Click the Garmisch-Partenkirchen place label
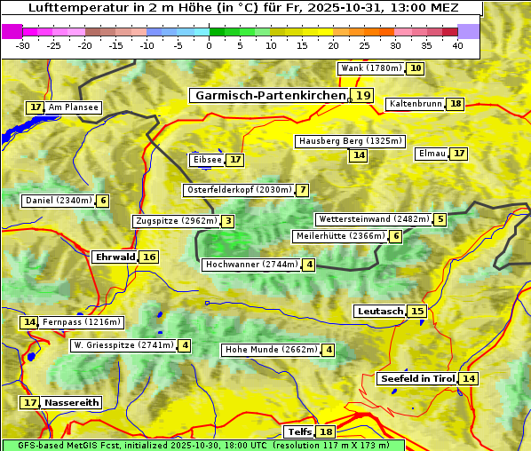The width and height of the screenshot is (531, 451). pos(270,95)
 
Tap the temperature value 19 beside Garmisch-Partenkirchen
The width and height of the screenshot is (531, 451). pos(362,95)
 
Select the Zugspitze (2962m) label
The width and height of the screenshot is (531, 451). pos(175,221)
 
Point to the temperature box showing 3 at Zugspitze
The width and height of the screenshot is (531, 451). pos(227,221)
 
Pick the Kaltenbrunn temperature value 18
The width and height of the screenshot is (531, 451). pos(456,104)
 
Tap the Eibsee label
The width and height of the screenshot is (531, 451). pos(207,160)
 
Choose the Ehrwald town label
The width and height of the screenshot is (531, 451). pos(115,257)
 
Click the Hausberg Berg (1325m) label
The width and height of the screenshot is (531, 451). pos(350,141)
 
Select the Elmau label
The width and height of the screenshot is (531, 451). pos(432,154)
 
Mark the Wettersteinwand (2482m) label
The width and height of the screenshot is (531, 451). pos(373,219)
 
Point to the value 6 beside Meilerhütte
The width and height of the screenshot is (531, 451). pos(396,236)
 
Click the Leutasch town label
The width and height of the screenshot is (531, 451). pos(380,312)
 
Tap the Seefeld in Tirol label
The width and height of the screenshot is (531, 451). pos(416,379)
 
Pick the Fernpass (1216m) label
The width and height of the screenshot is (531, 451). pos(83,322)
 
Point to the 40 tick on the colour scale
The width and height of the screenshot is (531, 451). pos(457,45)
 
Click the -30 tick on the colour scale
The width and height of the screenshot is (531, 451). pos(23,45)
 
